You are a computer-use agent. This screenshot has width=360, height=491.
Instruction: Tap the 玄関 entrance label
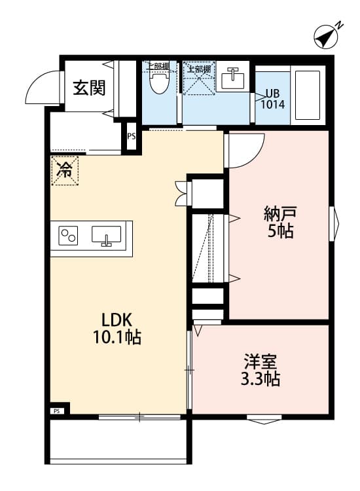pos(89,87)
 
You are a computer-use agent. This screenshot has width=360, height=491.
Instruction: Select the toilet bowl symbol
pos(158,82)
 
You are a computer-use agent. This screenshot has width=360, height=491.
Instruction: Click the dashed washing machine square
pos(198,81)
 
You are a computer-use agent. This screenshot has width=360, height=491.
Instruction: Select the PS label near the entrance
pos(131,137)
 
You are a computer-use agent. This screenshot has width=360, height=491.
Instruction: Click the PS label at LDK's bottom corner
pos(56,411)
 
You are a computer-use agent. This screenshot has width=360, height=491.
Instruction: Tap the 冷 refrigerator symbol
pos(65,170)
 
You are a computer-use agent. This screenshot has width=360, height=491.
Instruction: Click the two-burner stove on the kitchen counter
pos(68,235)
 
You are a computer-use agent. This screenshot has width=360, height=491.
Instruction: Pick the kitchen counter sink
pos(106,235)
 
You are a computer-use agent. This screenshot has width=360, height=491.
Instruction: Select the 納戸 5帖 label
pos(279,221)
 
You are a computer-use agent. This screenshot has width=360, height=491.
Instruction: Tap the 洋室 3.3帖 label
pos(261,370)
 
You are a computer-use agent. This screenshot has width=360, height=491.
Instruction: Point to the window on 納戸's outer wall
pos(333,223)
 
